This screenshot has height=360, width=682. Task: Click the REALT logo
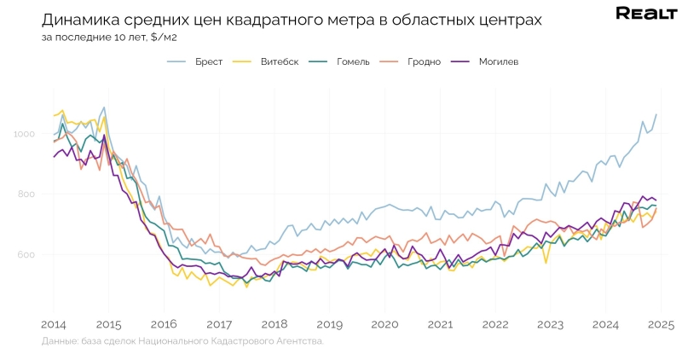coord(645,13)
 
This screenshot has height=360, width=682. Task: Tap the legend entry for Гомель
coord(350,61)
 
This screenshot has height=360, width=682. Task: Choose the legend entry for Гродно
coord(422,61)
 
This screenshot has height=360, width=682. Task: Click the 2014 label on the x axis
coord(53,324)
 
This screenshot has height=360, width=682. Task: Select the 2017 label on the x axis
coord(219,324)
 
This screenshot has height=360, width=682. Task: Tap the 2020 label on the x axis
coord(385,324)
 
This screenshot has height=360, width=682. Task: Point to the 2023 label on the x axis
coord(551,324)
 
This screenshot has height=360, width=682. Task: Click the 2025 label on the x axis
coord(661,324)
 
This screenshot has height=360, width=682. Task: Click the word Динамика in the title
coord(81,20)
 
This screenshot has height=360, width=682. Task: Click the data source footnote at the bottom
coord(182,341)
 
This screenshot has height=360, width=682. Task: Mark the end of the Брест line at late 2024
coord(656,114)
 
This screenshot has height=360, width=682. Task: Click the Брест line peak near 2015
coord(104,107)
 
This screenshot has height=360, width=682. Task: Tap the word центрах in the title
coord(506,20)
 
